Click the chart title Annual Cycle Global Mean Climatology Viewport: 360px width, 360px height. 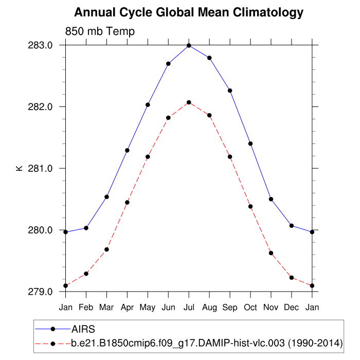[x=189, y=12]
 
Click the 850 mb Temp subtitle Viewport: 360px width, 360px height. [x=100, y=32]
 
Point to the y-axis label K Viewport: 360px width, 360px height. [x=19, y=168]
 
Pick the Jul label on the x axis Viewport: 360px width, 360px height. [x=189, y=307]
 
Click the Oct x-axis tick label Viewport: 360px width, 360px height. [x=250, y=307]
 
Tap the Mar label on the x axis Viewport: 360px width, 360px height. [x=106, y=307]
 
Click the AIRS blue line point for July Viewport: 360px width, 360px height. [x=189, y=46]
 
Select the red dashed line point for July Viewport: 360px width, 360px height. [x=189, y=102]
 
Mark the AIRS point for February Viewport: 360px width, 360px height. [x=86, y=228]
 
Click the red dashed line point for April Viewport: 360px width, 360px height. [x=127, y=202]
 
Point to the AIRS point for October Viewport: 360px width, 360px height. [x=250, y=143]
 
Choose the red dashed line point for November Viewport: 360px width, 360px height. [x=271, y=253]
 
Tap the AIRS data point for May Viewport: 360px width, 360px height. [x=148, y=105]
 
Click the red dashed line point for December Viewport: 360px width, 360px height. [x=292, y=278]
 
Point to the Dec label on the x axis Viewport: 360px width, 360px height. [x=292, y=307]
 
